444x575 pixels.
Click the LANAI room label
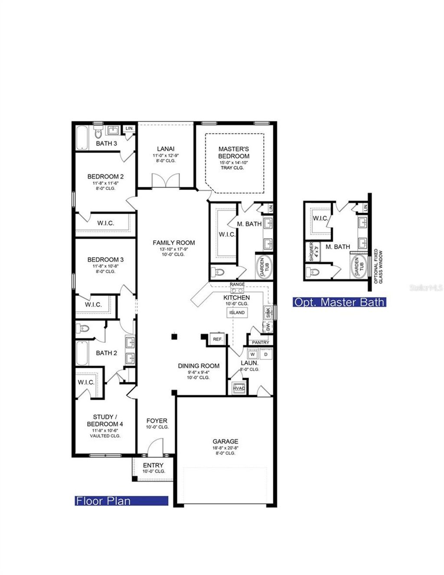tap(166, 149)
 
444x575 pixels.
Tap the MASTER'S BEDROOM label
tap(234, 153)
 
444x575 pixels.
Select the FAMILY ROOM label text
tap(174, 243)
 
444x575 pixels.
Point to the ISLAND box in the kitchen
tap(237, 313)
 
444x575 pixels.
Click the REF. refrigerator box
tap(217, 339)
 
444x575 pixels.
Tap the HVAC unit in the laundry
tap(239, 388)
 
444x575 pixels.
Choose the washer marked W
tap(252, 355)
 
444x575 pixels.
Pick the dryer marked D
tap(266, 355)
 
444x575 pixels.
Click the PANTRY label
tap(260, 343)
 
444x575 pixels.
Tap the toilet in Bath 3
tap(98, 132)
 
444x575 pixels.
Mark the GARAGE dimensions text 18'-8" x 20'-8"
tap(225, 448)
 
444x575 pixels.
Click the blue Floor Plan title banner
tap(121, 501)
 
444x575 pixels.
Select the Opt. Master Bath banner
tap(340, 302)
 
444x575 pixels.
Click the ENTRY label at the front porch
tap(153, 465)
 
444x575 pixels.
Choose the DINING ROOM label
tap(199, 366)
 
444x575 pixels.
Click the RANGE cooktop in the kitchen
tap(237, 290)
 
